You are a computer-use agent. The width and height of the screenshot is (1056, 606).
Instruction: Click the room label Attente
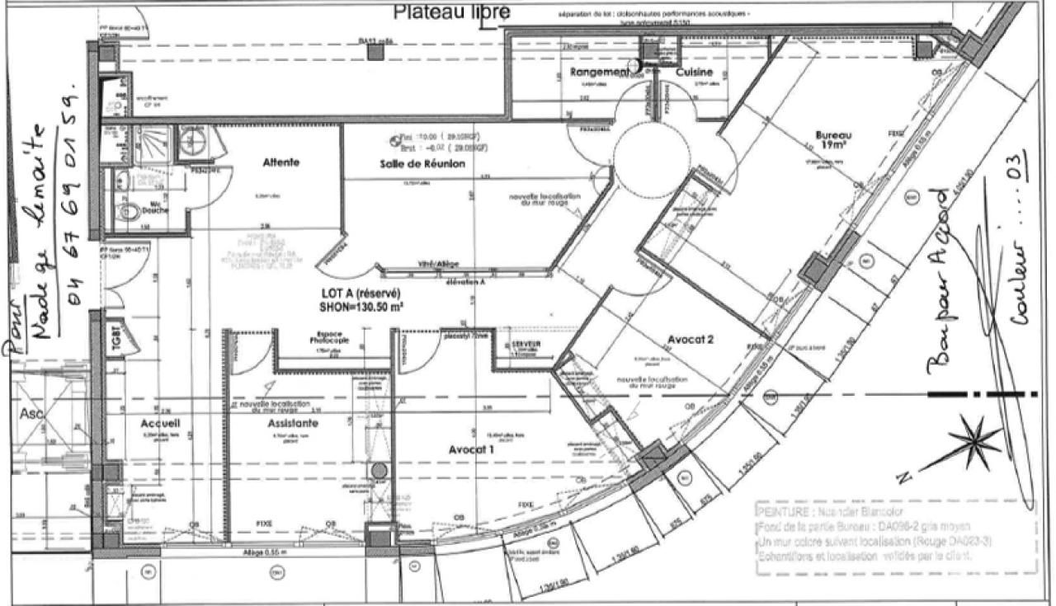[281, 162]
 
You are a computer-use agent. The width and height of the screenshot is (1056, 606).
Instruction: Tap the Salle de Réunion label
[422, 164]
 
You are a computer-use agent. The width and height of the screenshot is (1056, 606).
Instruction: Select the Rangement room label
[599, 73]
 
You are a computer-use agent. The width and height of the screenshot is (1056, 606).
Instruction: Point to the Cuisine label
[694, 73]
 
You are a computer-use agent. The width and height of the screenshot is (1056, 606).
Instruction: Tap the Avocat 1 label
[471, 450]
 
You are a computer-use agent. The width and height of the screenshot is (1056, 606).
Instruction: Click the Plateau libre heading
[451, 12]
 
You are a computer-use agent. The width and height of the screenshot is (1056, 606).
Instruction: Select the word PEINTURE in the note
[780, 510]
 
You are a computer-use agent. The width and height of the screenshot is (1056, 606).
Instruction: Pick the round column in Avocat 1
[379, 471]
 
